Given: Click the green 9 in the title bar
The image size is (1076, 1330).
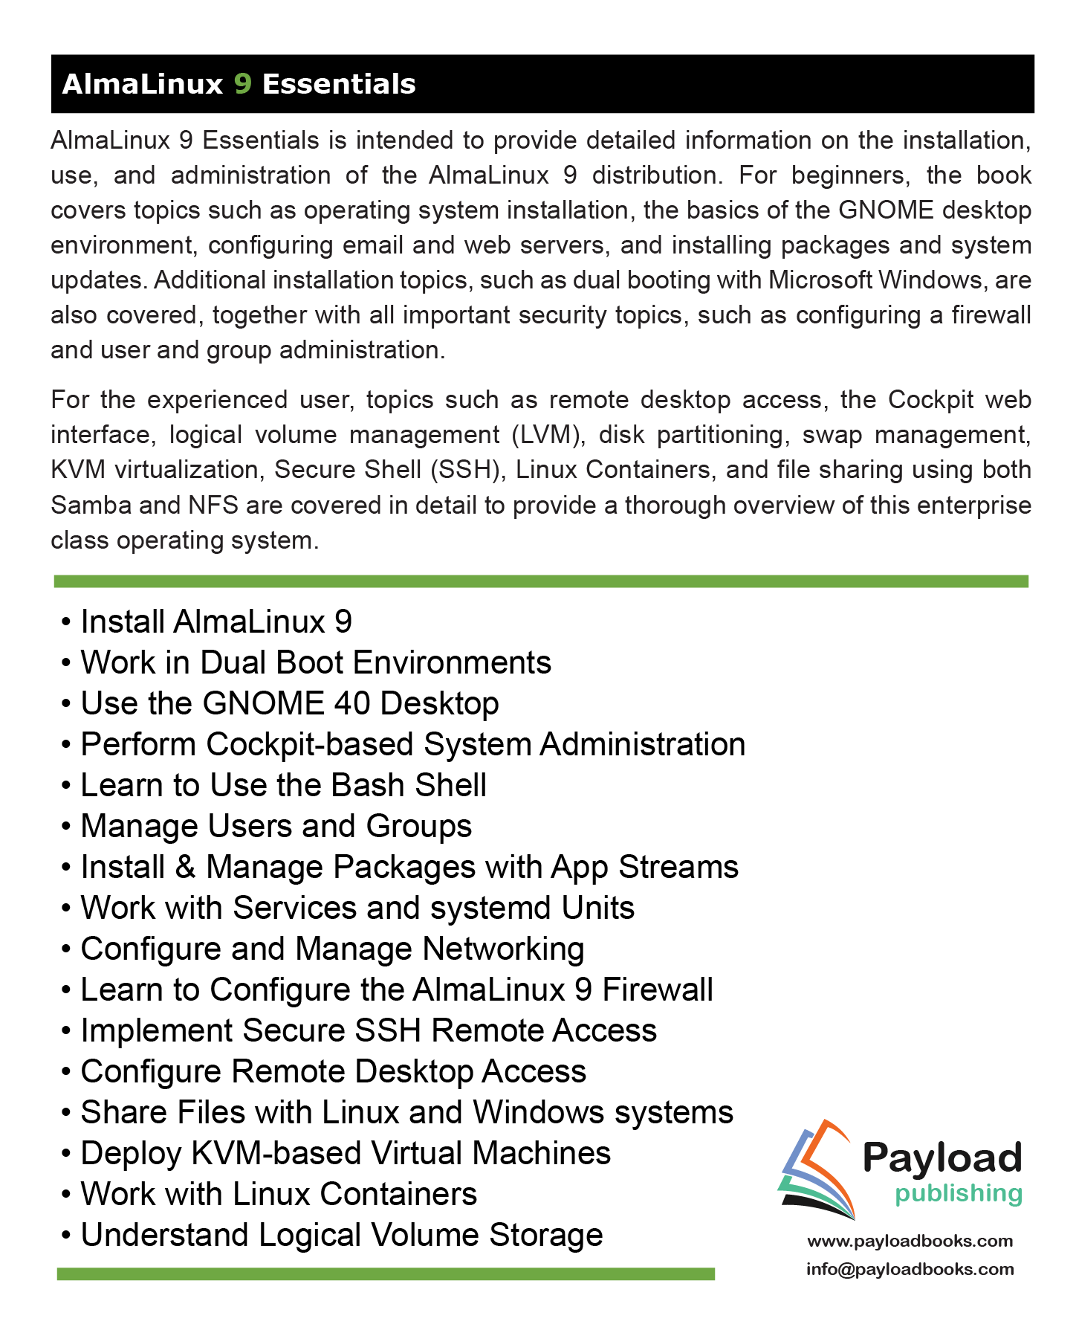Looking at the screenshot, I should (243, 84).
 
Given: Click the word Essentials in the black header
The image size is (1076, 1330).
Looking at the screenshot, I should (339, 84).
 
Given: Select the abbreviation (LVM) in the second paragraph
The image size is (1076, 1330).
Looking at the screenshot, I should (546, 435).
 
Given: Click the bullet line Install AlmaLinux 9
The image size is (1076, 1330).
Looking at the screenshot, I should (215, 622).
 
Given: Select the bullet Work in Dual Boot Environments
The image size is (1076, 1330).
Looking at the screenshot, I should (315, 662).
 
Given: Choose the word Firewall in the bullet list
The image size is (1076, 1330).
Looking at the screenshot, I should (657, 990).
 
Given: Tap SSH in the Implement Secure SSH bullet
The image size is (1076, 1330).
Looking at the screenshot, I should (389, 1030).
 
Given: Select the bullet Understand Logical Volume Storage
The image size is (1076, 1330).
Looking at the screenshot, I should (341, 1235).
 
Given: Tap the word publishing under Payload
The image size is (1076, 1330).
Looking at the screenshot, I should (959, 1193).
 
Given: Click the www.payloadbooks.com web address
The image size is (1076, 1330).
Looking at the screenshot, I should (910, 1241).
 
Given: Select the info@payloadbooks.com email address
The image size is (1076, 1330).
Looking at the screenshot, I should (910, 1269).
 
